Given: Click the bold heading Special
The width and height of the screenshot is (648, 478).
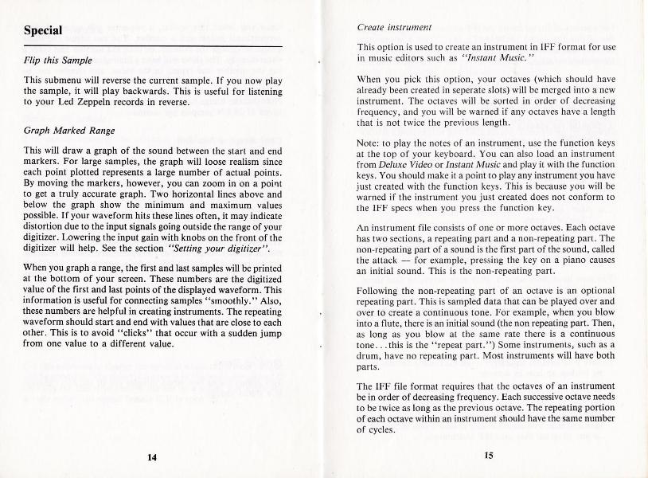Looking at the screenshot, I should click(x=44, y=32).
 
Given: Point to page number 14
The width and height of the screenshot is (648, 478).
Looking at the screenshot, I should click(x=151, y=456).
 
